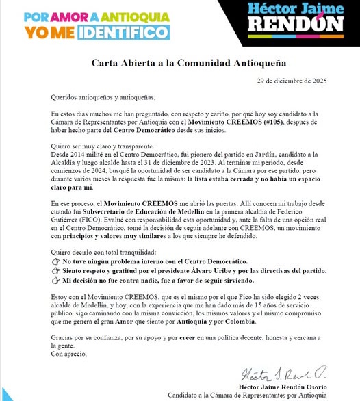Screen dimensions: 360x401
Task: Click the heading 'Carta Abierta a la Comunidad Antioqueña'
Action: tap(179, 63)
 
